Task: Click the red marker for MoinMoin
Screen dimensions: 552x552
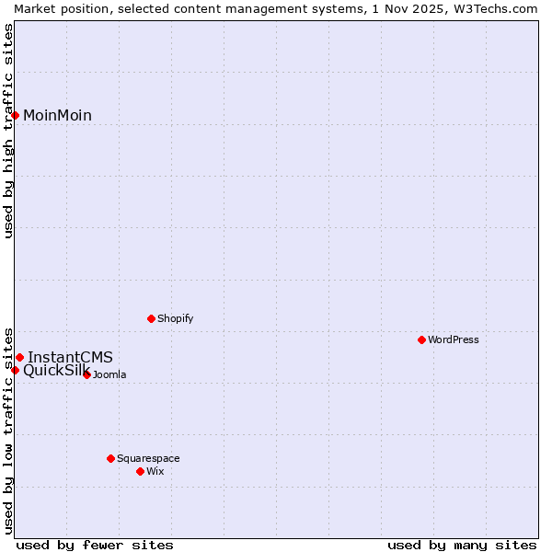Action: coord(16,115)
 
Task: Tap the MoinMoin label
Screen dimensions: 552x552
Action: coord(57,115)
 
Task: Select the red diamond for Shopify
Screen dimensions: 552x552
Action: coord(151,318)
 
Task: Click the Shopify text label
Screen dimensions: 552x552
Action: coord(175,318)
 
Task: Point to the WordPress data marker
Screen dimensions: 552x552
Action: coord(421,339)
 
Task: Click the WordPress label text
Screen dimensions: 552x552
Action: coord(454,339)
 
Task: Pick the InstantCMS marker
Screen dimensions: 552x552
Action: coord(19,357)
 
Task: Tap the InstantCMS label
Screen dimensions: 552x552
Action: coord(70,357)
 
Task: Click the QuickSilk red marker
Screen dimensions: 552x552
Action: coord(16,370)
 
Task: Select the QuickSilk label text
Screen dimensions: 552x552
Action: coord(56,370)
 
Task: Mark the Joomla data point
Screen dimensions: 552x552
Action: coord(86,374)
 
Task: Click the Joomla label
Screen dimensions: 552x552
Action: coord(109,374)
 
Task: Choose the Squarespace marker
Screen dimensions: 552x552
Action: coord(110,458)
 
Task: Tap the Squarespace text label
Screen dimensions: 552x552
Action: coord(148,458)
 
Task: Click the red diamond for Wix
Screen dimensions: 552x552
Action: coord(140,471)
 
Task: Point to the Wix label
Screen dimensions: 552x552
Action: coord(155,471)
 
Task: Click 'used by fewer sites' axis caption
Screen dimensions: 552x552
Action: coord(95,545)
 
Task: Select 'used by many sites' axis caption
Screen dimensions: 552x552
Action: coord(462,545)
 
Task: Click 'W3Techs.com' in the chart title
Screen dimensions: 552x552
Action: coord(500,8)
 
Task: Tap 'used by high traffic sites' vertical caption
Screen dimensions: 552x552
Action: coord(8,131)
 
